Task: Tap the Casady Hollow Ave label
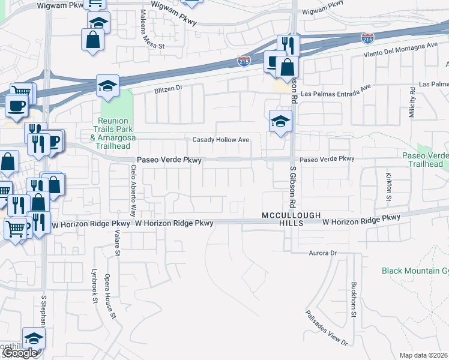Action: [220, 140]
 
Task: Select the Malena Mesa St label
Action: [144, 28]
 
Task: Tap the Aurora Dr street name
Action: [323, 253]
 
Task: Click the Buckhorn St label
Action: [354, 299]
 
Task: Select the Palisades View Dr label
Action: [326, 328]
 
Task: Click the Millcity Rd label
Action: [412, 102]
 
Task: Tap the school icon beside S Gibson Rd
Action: [280, 121]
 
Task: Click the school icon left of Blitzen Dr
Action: [107, 86]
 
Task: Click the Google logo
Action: [20, 353]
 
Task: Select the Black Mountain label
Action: [415, 271]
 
